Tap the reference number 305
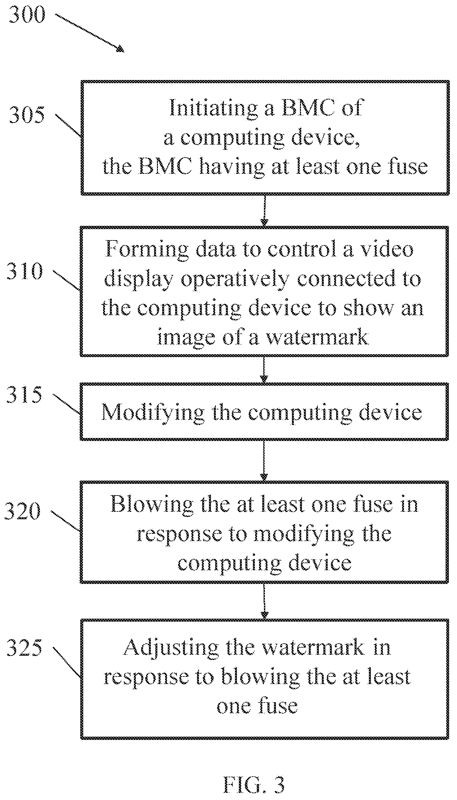point(27,115)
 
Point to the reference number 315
point(24,395)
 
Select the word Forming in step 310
point(147,250)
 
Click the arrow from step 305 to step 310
point(264,210)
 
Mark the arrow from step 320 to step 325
point(264,600)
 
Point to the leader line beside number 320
point(65,521)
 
